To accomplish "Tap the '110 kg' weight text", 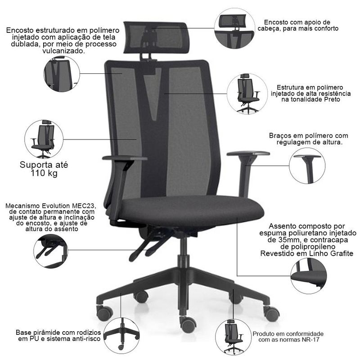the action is tap(44, 173).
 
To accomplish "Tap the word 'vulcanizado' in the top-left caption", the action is tap(63, 51).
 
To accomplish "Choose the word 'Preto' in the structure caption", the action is tap(332, 99).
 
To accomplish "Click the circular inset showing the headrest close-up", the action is tap(234, 28).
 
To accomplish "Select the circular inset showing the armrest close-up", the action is tap(307, 166).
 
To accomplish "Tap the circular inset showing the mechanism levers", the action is tap(51, 251).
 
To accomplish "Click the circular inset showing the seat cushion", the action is tap(309, 275).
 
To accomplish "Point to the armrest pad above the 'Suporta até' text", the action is tap(125, 158).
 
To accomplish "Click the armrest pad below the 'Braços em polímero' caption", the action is tap(248, 153).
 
